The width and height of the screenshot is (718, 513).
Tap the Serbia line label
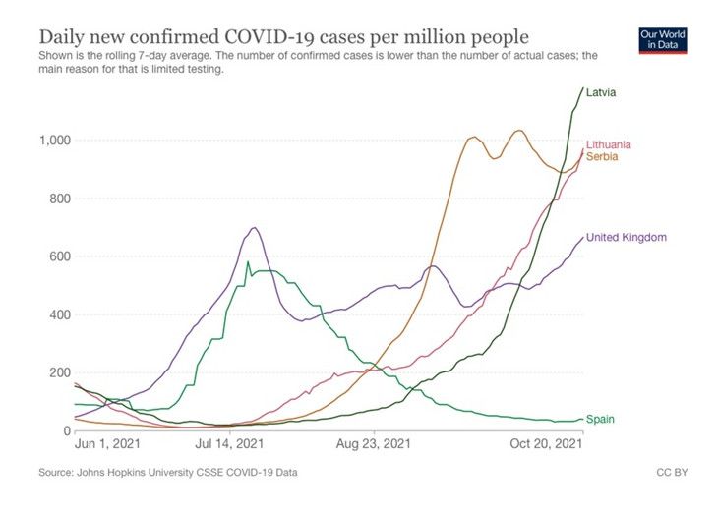pyautogui.click(x=602, y=157)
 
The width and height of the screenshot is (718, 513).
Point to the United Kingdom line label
pyautogui.click(x=628, y=237)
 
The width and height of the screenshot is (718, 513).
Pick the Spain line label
pyautogui.click(x=600, y=419)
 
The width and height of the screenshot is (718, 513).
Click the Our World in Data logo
pyautogui.click(x=663, y=38)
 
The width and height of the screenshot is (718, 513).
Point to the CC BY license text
pyautogui.click(x=673, y=473)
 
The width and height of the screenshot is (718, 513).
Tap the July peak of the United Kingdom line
pyautogui.click(x=255, y=228)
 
